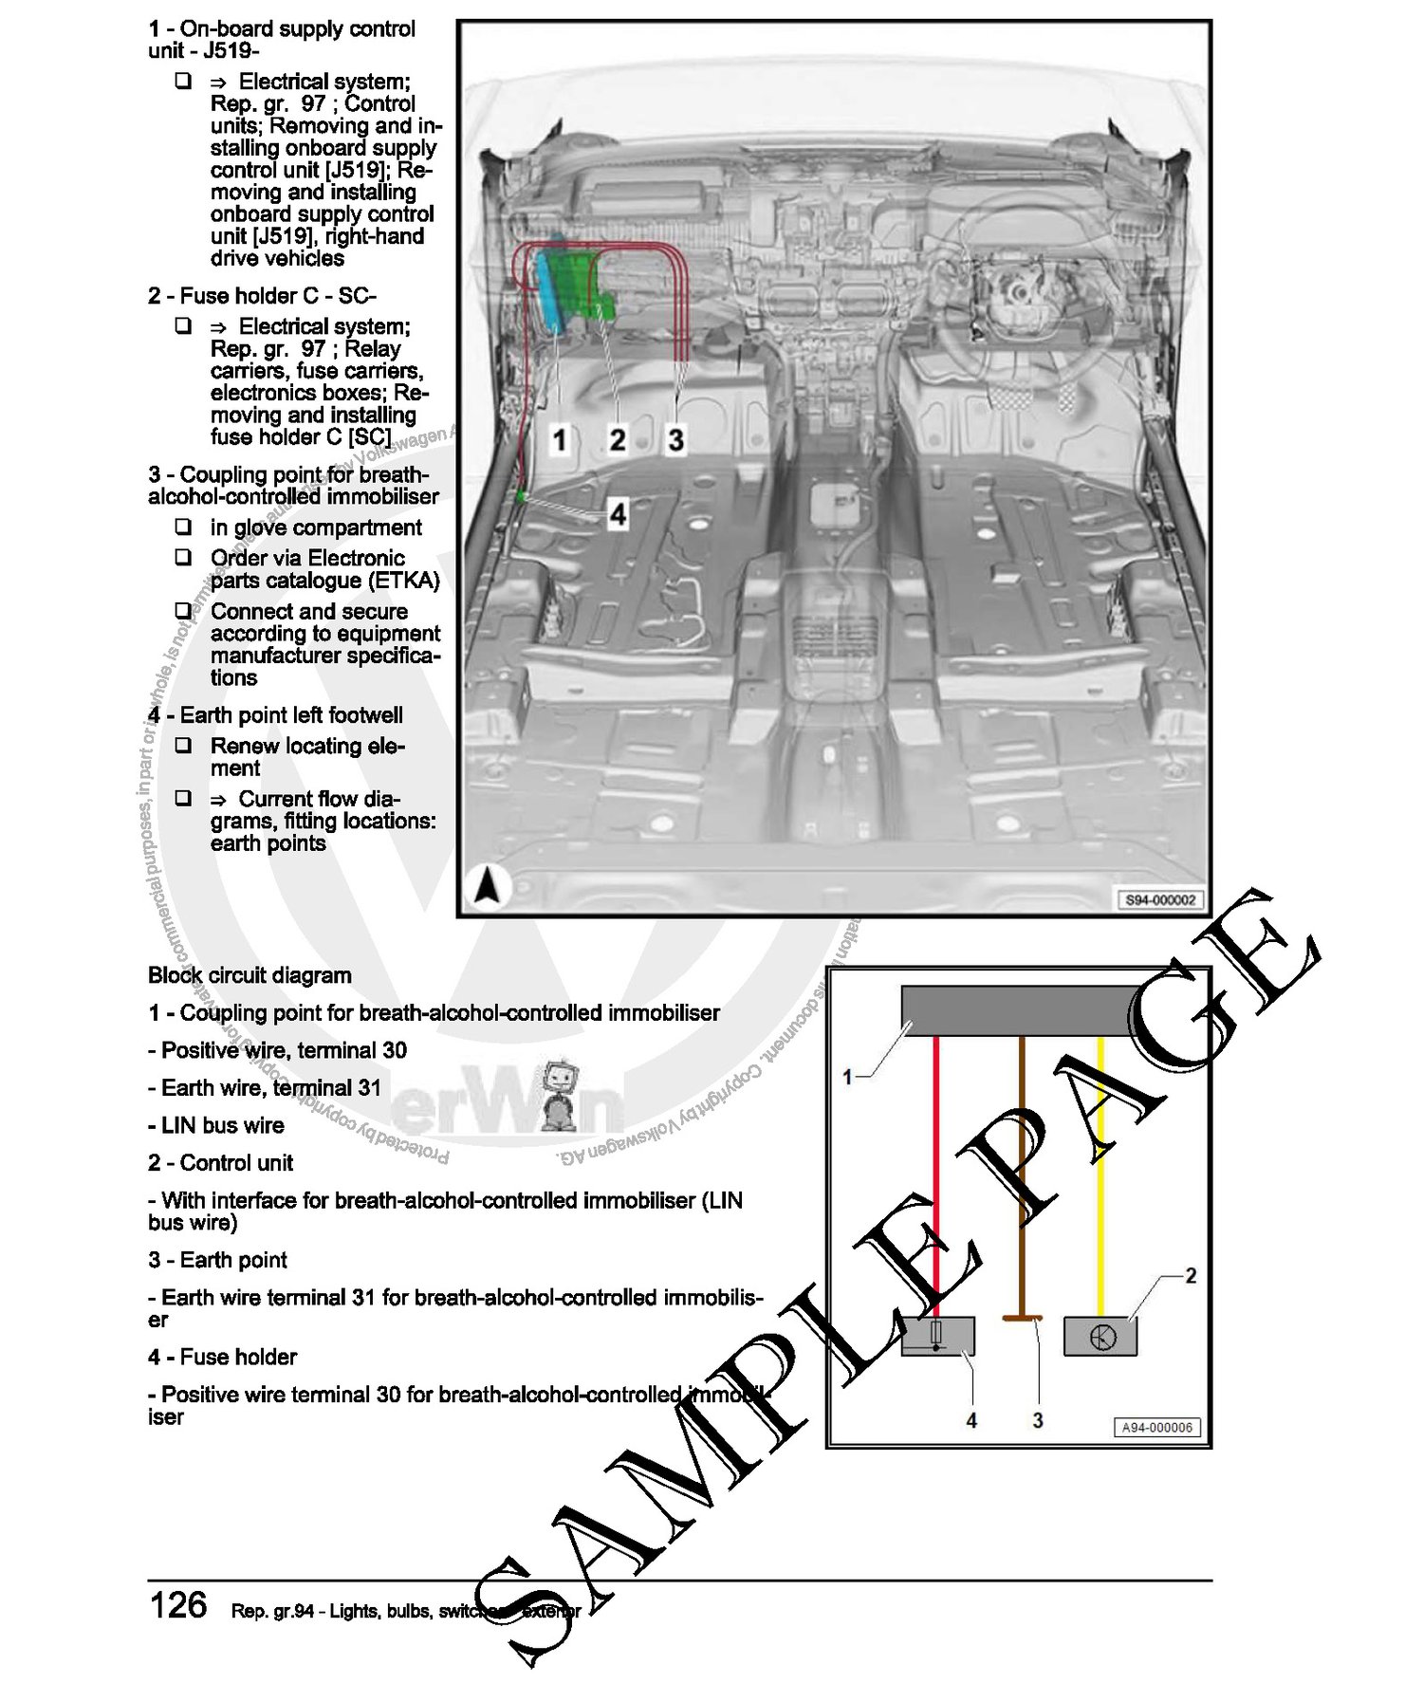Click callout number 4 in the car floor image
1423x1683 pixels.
tap(618, 514)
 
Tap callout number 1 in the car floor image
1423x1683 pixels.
tap(560, 439)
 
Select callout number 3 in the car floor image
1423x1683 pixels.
tap(675, 439)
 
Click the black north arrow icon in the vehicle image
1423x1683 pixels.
tap(487, 887)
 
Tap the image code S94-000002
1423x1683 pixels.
tap(1160, 899)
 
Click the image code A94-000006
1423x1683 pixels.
tap(1156, 1427)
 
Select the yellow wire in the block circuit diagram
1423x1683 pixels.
tap(1100, 1176)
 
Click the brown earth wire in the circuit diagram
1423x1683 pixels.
tap(1022, 1176)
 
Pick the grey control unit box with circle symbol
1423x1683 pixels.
tap(1100, 1336)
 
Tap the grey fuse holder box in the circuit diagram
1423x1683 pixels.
tap(937, 1336)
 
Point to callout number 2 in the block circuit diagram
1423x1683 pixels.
tap(1191, 1276)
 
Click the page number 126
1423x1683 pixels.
tap(178, 1605)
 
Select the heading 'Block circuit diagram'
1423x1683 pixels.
tap(249, 975)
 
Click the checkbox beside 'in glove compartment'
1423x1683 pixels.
tap(183, 527)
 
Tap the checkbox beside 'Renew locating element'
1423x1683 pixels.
tap(183, 746)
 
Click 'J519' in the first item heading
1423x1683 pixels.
tap(230, 51)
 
